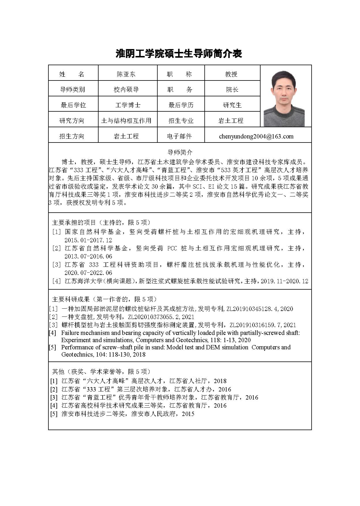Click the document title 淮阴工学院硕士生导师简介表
[x=179, y=54]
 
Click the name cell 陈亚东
[x=126, y=74]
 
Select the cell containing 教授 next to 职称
[x=231, y=74]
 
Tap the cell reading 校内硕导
[x=126, y=90]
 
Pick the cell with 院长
[x=232, y=90]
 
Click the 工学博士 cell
[x=127, y=105]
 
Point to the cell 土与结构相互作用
[x=126, y=121]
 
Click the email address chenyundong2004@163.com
[x=256, y=136]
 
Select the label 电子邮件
[x=179, y=136]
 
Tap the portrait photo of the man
[x=284, y=98]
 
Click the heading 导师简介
[x=180, y=152]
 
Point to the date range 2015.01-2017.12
[x=88, y=240]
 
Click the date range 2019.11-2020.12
[x=284, y=281]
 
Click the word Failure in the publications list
[x=71, y=333]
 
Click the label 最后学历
[x=181, y=105]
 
